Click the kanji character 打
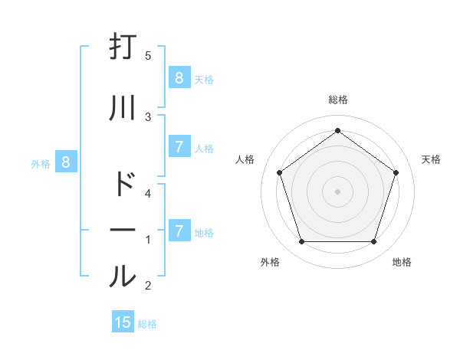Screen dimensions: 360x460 123,47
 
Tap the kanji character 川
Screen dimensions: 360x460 123,107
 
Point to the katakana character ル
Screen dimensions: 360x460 123,277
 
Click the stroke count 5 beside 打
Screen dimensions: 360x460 149,55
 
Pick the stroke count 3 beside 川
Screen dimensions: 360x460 149,116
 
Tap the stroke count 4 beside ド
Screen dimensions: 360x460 149,194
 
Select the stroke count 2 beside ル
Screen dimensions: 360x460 149,286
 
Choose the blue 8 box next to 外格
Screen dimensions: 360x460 66,162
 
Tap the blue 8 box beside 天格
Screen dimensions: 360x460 179,78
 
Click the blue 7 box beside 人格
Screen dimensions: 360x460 179,148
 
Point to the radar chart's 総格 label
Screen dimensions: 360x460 337,100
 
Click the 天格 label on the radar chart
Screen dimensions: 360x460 431,159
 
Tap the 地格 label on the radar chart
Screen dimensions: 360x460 402,262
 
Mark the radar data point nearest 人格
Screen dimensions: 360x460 279,172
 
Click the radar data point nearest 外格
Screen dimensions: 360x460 301,242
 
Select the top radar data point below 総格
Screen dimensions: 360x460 337,131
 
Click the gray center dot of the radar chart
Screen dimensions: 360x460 337,191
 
